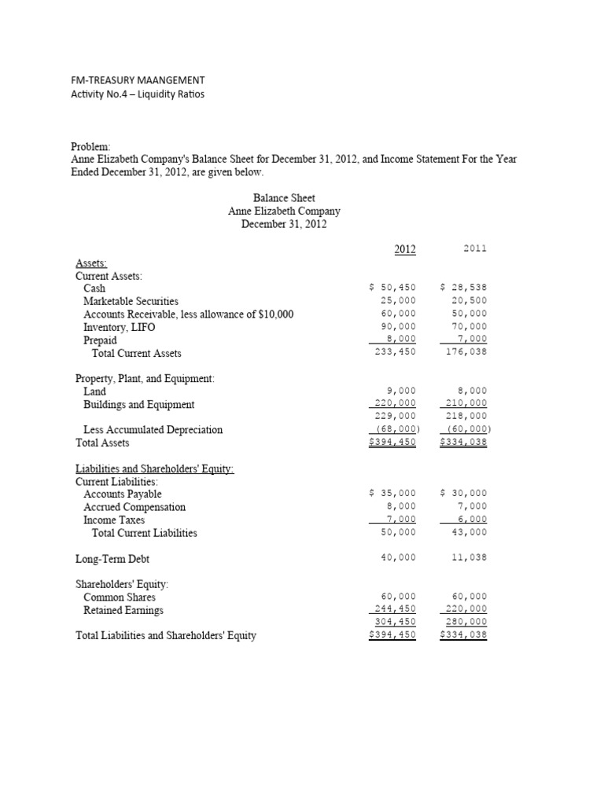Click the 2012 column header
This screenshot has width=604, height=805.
tap(404, 250)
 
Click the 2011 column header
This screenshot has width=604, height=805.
tap(475, 248)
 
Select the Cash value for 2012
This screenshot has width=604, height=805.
tap(392, 289)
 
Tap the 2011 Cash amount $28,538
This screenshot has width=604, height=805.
tap(463, 289)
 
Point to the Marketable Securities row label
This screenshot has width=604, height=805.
tap(131, 301)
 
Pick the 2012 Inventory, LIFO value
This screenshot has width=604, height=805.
tap(398, 326)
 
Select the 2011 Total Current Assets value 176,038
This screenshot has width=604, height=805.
tap(466, 352)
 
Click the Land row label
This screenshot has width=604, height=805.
tap(94, 391)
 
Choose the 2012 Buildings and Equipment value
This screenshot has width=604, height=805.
tap(395, 403)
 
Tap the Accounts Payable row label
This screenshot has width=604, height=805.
tap(122, 494)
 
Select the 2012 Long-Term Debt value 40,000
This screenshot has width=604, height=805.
tap(398, 557)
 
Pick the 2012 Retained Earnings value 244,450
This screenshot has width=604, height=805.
tap(395, 608)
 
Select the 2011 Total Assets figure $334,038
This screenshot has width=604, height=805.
tap(464, 442)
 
